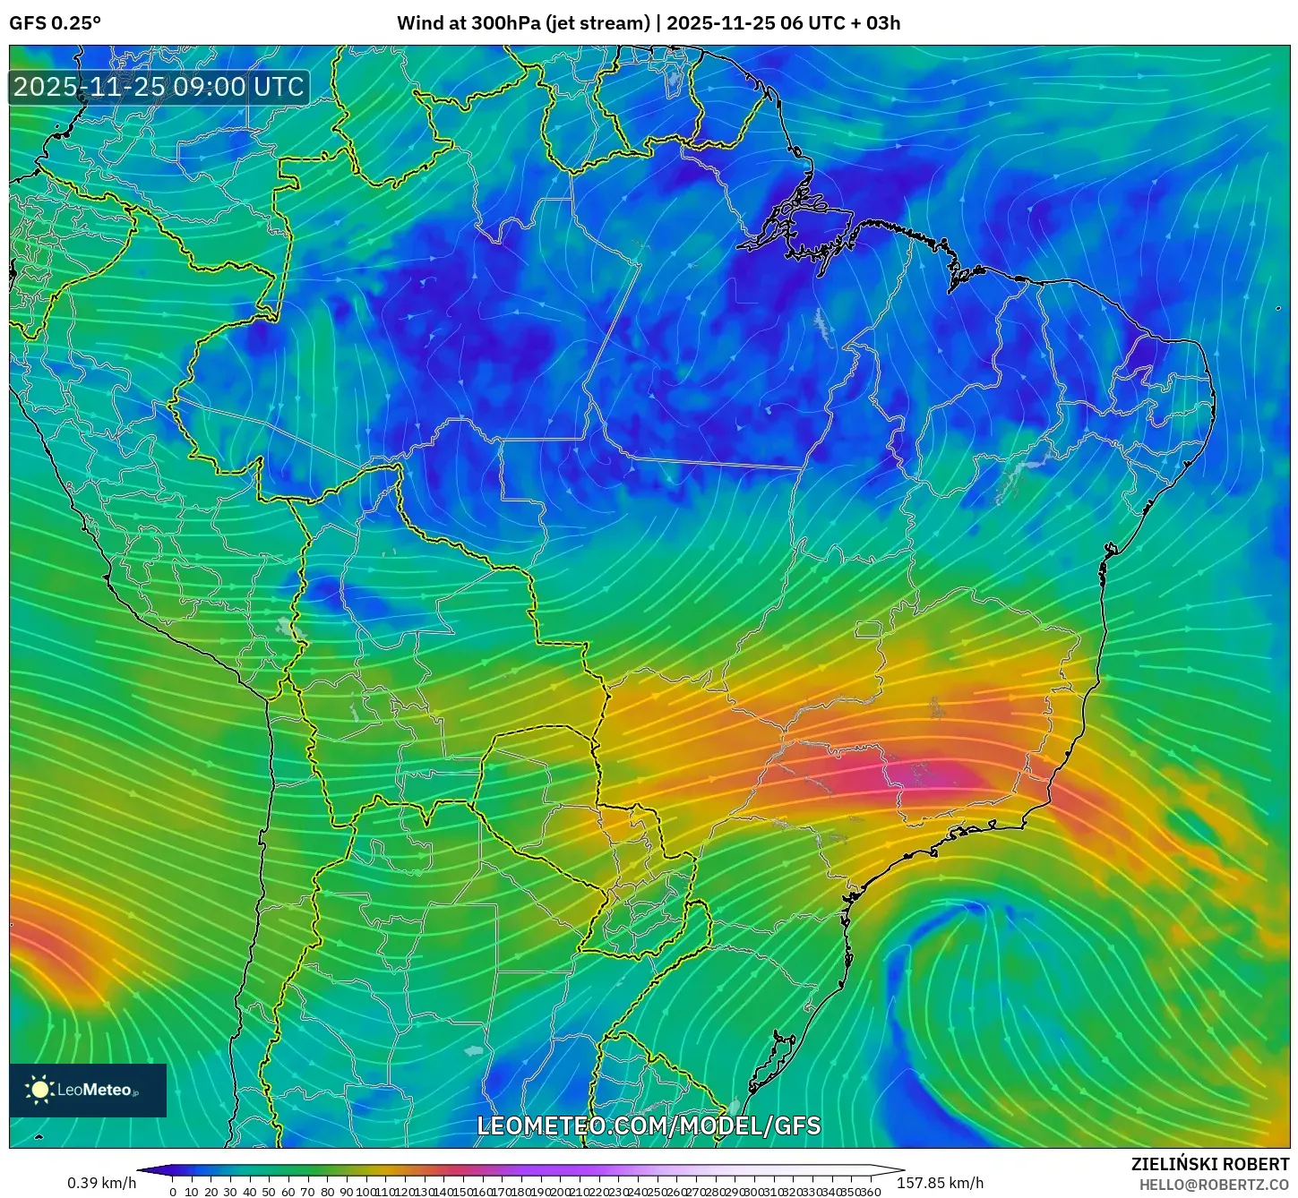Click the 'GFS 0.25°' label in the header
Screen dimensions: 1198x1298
pos(55,23)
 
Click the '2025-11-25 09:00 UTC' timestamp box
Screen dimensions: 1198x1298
pos(159,87)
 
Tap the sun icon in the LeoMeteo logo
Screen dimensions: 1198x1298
pos(39,1090)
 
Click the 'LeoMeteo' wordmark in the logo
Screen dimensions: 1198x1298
pos(95,1090)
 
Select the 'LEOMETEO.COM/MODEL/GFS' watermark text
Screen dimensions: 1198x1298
pos(649,1125)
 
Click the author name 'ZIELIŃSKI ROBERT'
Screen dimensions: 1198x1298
pos(1209,1165)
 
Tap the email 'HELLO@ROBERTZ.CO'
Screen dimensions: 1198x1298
pos(1214,1185)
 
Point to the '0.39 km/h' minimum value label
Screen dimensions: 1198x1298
pos(101,1183)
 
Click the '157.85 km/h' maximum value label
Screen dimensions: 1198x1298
pos(940,1183)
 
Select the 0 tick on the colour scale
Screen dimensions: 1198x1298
pos(173,1192)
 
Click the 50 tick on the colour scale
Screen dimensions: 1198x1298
pos(269,1192)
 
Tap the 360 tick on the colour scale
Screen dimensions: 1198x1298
pos(870,1192)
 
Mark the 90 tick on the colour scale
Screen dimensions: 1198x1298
pos(346,1192)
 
